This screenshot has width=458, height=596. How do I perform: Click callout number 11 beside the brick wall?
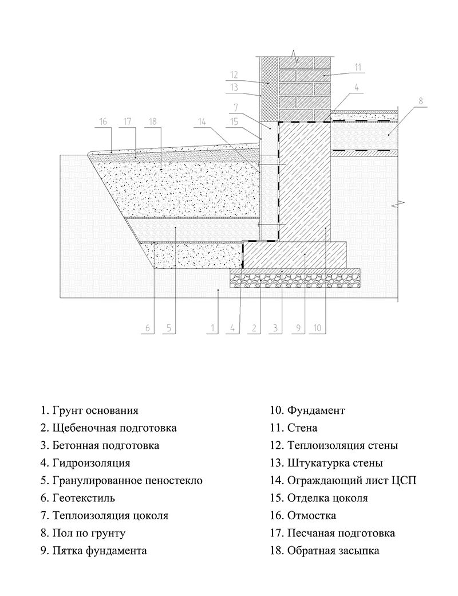(x=358, y=66)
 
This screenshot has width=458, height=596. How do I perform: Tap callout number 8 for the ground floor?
(x=420, y=101)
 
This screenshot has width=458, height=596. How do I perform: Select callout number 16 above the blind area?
(x=103, y=121)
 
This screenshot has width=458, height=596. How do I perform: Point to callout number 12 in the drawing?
(x=234, y=74)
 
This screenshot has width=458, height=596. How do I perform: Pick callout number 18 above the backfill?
(x=152, y=121)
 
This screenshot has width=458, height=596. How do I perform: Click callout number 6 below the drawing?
(x=147, y=328)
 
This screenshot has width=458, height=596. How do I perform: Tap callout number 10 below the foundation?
(x=318, y=328)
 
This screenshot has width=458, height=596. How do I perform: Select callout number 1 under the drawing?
(x=212, y=328)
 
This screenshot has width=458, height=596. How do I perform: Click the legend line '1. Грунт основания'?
(x=89, y=410)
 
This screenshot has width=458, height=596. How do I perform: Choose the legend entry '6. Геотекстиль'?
(x=78, y=498)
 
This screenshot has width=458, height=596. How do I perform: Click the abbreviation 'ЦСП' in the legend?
(x=404, y=481)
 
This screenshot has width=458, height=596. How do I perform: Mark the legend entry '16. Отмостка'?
(x=303, y=516)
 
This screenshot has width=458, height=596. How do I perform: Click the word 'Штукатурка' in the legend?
(x=317, y=463)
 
